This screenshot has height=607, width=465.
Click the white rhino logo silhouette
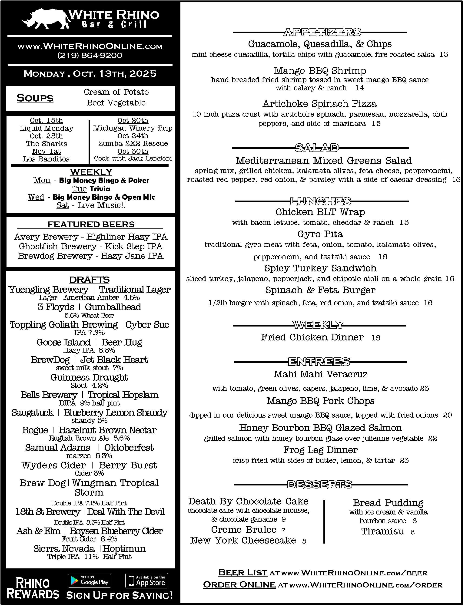[46, 19]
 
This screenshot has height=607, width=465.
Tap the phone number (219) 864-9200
[90, 55]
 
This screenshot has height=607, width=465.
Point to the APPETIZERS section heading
[322, 32]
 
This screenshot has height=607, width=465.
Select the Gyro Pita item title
[320, 234]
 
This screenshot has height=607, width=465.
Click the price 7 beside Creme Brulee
[283, 530]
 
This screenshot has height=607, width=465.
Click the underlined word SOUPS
[35, 98]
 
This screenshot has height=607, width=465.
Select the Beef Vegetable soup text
[116, 103]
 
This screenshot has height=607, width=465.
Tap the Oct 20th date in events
[133, 120]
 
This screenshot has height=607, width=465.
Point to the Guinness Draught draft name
[89, 377]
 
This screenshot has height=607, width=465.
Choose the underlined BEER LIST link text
[243, 572]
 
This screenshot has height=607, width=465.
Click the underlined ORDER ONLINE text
[239, 585]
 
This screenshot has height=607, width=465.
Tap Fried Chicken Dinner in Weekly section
[312, 337]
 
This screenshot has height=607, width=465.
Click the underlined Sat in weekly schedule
[63, 205]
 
